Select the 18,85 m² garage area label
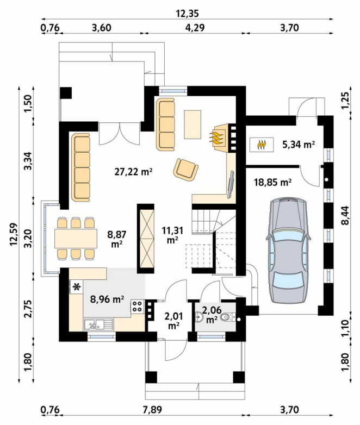point(272,182)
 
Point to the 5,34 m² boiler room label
point(299,145)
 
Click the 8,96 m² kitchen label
point(107,299)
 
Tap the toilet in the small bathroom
point(227,317)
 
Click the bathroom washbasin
point(198,317)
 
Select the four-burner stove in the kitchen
point(138,307)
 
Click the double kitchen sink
point(98,324)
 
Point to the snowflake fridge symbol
point(77,287)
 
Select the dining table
point(76,238)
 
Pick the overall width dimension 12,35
point(188,14)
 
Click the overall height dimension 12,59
point(14,234)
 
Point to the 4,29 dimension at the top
point(195,28)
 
